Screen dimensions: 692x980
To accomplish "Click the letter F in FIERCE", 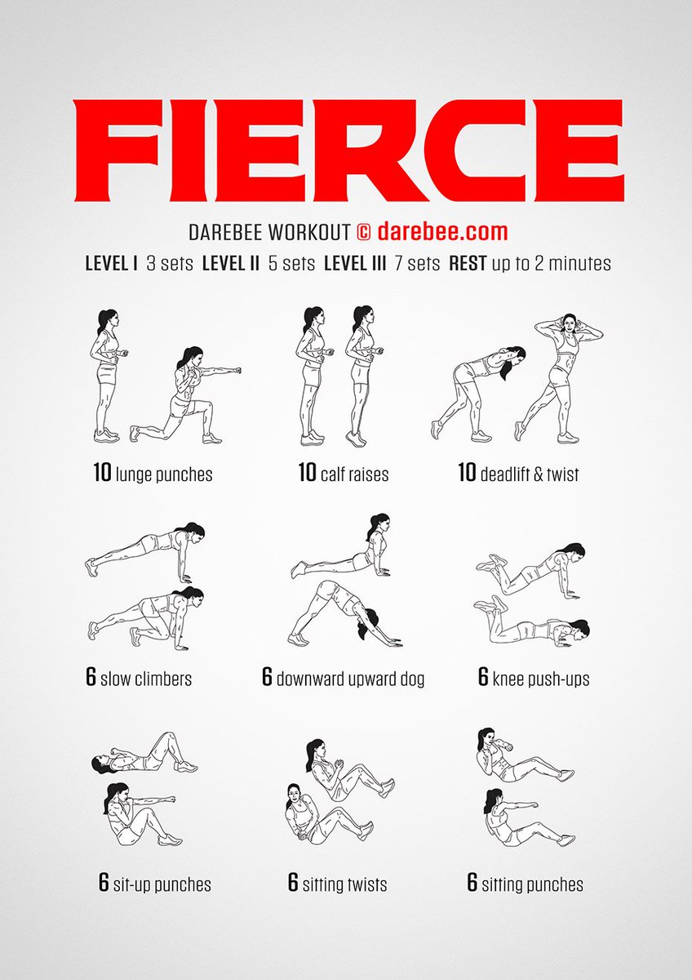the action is click(x=113, y=151).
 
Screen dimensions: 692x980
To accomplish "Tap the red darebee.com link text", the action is click(x=442, y=231).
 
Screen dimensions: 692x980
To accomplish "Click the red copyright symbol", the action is click(x=364, y=232).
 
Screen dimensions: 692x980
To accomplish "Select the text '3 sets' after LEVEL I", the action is click(x=170, y=263).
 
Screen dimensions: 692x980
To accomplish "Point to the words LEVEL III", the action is click(x=355, y=263).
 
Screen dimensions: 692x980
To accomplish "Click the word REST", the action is click(x=468, y=263).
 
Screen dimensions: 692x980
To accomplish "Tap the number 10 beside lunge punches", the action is click(x=103, y=473).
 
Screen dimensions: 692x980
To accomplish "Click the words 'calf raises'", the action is click(x=354, y=474).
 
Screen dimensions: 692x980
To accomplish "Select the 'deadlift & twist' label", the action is click(x=530, y=474).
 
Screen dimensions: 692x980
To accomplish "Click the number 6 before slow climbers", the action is click(x=91, y=677).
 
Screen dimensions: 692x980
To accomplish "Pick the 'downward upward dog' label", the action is click(x=351, y=679).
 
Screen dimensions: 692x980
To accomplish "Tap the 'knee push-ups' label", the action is click(x=541, y=679).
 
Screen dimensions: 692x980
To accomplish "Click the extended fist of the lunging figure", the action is click(x=237, y=371).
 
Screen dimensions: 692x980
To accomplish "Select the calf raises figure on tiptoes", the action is click(x=364, y=376).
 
